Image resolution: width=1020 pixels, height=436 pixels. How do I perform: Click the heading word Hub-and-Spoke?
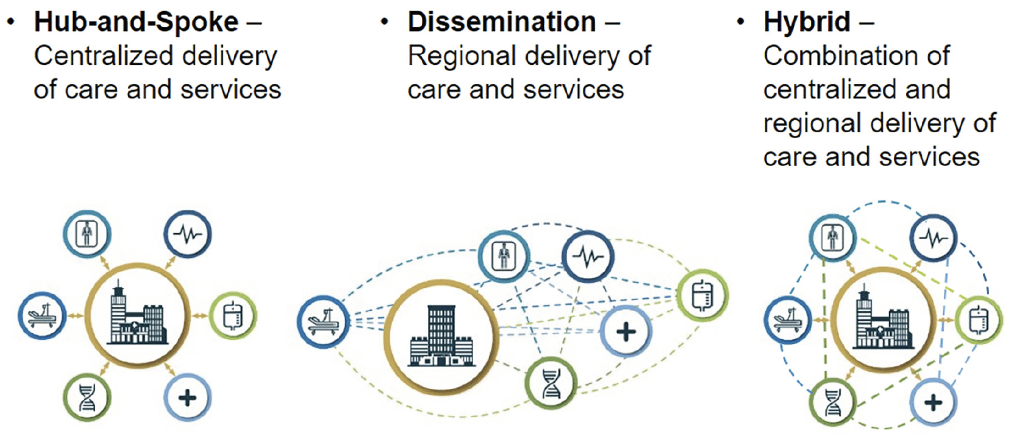click(136, 21)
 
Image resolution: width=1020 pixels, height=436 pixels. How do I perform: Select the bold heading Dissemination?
click(502, 21)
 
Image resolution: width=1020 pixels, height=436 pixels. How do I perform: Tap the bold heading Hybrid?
click(807, 21)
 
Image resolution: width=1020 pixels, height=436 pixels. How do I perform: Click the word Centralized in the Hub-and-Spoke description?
click(104, 55)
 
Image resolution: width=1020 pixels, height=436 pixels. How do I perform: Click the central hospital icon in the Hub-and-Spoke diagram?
click(137, 314)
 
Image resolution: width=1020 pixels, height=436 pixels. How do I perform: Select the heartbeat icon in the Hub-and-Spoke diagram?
click(188, 234)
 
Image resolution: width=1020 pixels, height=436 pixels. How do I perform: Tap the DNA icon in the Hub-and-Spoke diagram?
click(87, 398)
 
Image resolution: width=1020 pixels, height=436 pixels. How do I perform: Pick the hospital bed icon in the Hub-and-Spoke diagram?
click(42, 315)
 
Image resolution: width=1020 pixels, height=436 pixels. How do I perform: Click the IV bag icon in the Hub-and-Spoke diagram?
click(233, 315)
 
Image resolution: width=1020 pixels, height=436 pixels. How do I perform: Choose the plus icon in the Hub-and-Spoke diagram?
click(188, 398)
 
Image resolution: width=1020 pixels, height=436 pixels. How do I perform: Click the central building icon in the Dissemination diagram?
click(441, 336)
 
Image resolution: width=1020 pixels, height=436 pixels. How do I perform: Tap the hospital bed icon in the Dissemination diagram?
click(323, 322)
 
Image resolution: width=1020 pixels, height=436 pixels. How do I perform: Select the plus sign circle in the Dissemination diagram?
click(626, 331)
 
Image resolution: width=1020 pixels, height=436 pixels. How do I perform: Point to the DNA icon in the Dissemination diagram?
click(551, 382)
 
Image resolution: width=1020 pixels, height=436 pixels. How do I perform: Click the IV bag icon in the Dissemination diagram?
click(703, 295)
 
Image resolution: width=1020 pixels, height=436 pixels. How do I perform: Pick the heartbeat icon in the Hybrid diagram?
click(934, 238)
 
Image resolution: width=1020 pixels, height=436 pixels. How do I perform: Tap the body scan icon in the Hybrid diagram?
click(833, 238)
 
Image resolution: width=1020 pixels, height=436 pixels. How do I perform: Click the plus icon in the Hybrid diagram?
click(934, 402)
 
